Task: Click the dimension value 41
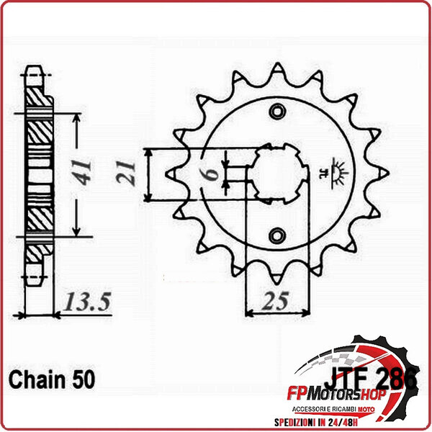point(86,174)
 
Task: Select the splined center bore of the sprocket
point(278,174)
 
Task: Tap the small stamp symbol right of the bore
point(336,173)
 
